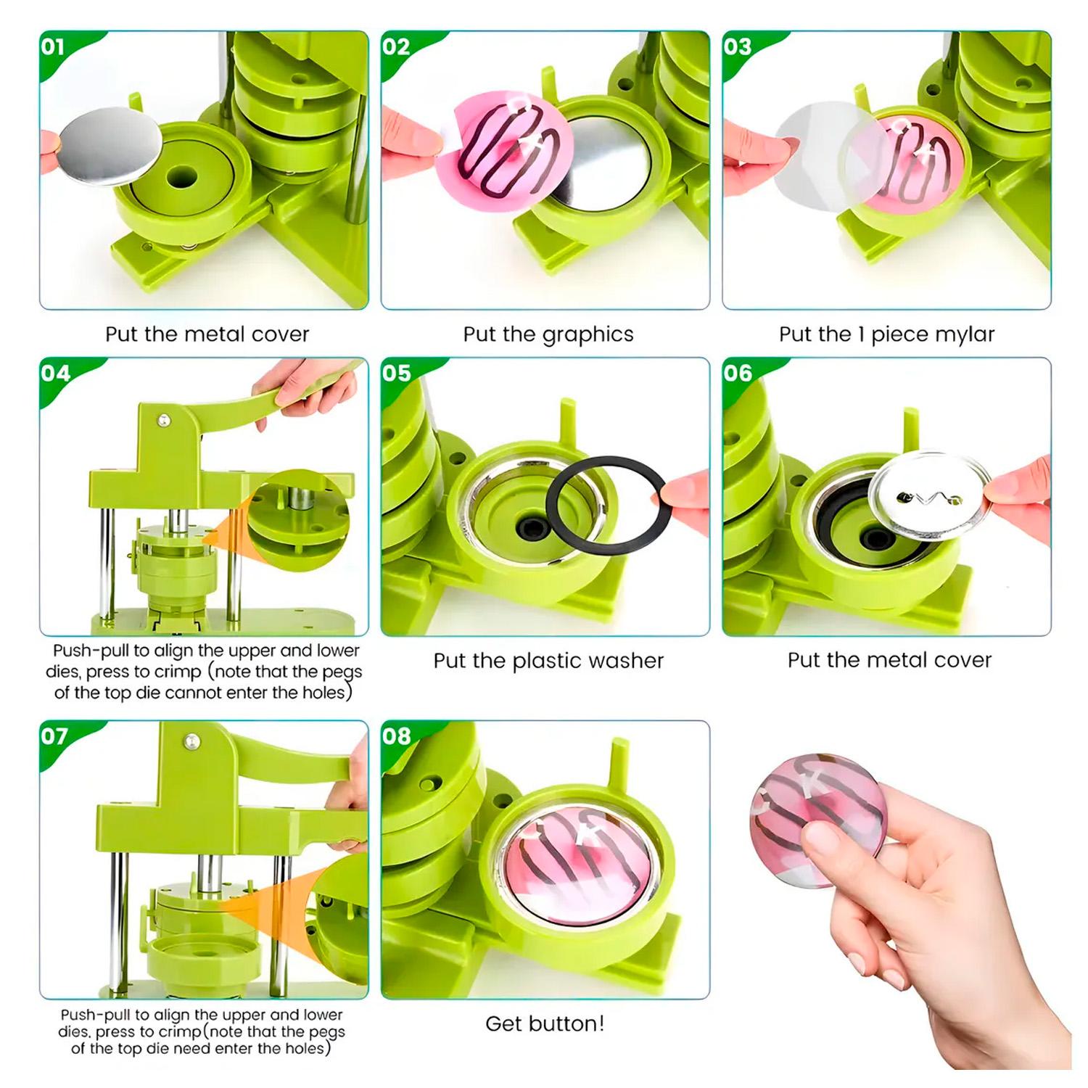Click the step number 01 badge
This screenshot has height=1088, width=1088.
[53, 47]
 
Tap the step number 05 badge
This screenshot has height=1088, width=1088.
[396, 373]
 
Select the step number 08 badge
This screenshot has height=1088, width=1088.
[396, 736]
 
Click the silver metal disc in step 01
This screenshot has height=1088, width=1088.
[110, 147]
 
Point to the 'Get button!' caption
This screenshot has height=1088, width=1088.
[545, 1023]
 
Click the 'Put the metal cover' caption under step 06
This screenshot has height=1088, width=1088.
[889, 660]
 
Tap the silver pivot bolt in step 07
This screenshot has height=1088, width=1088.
[191, 741]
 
